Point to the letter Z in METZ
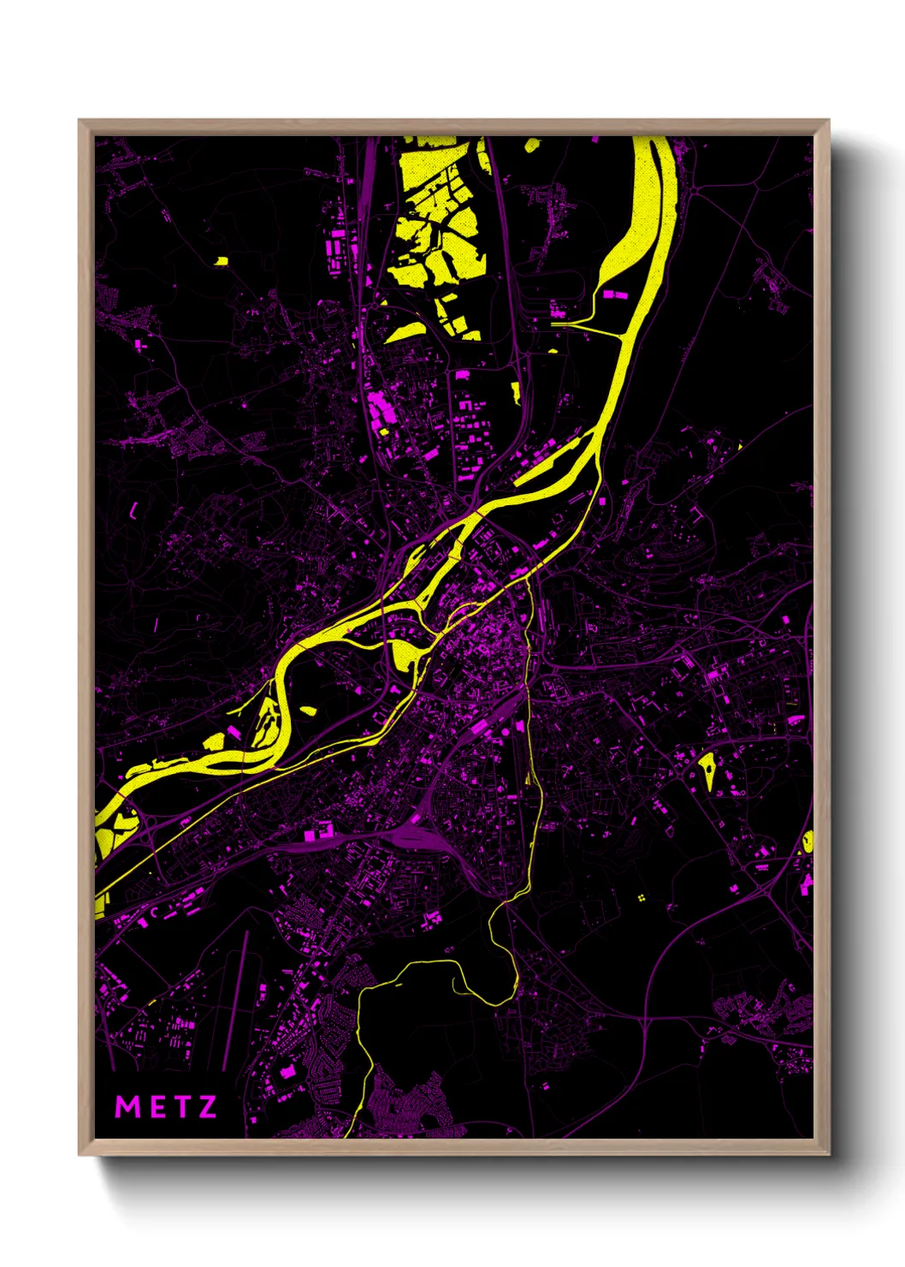pyautogui.click(x=207, y=1107)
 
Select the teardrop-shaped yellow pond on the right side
pyautogui.click(x=708, y=767)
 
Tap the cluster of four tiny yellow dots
pyautogui.click(x=641, y=898)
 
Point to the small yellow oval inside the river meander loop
pyautogui.click(x=306, y=711)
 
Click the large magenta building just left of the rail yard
pyautogui.click(x=316, y=831)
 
